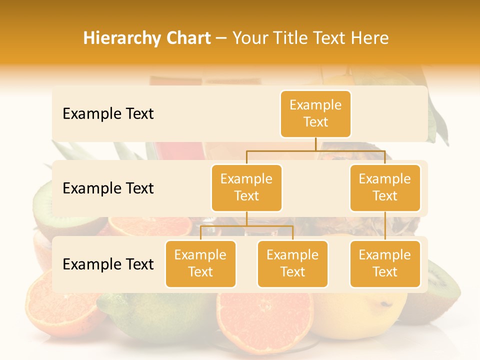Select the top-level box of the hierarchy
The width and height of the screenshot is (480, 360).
(x=315, y=114)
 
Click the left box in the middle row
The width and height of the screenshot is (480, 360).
(x=246, y=188)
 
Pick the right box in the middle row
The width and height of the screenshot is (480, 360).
(x=385, y=188)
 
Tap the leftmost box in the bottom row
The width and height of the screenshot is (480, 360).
(x=200, y=264)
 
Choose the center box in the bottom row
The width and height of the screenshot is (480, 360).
(x=292, y=264)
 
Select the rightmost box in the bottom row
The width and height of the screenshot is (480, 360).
(x=385, y=264)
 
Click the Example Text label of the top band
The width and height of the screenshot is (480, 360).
(x=108, y=114)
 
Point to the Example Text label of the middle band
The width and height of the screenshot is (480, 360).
(x=108, y=188)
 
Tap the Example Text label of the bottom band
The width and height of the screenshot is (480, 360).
(x=108, y=264)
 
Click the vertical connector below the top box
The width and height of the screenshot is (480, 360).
(x=315, y=144)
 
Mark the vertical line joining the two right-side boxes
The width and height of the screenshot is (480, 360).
(x=385, y=226)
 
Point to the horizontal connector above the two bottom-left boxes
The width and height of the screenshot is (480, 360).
(x=246, y=226)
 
